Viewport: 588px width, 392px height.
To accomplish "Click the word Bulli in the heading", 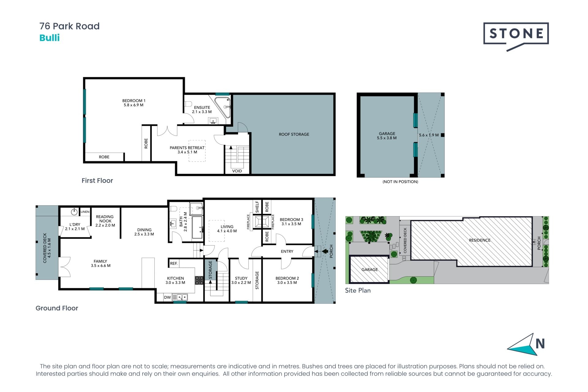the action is (49, 38).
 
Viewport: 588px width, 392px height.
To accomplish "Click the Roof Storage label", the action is (294, 134).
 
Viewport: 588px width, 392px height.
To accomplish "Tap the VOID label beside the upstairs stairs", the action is (237, 171).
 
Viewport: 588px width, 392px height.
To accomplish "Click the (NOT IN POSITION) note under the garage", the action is (400, 182).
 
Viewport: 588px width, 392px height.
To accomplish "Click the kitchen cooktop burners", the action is (199, 280).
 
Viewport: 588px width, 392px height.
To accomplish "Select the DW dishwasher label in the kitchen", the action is (167, 297).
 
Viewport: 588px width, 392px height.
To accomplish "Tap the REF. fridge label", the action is (174, 263).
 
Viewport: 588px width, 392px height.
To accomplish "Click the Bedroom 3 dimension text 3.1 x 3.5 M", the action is (291, 224).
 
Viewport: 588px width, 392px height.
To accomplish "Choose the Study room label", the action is (241, 278).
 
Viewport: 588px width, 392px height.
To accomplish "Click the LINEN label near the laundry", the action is (85, 212).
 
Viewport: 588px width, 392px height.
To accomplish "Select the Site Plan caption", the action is (358, 290).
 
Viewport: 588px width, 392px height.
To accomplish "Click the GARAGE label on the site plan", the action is (369, 269).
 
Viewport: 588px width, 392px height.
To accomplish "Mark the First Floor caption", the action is (97, 181).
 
